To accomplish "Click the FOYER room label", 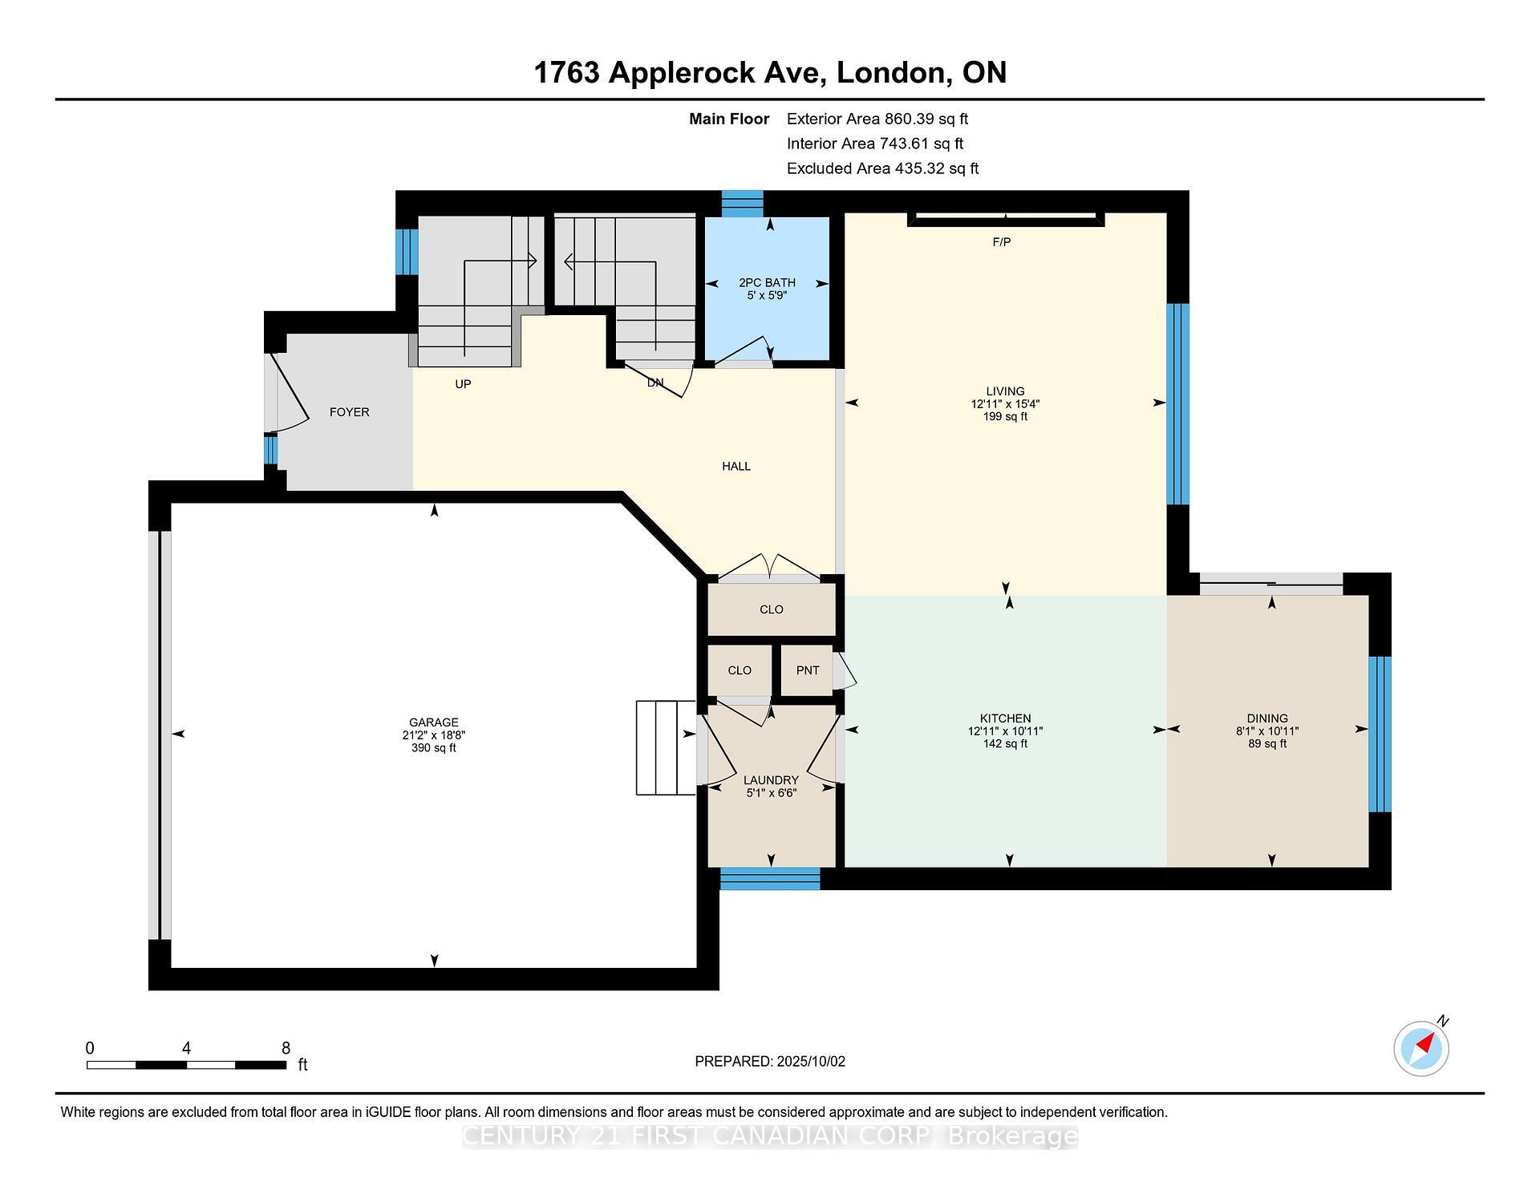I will tap(349, 412).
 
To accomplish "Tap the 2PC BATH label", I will tap(767, 282).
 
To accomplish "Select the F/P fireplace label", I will tap(1001, 241).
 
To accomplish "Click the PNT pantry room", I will tap(807, 670).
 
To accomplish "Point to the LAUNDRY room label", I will tap(770, 780).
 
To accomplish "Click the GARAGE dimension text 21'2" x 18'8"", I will tap(433, 735).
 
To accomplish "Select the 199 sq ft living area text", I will tap(1005, 417).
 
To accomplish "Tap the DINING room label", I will tap(1266, 718).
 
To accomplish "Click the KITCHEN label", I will tap(1005, 718).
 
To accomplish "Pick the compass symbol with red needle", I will tap(1421, 1048).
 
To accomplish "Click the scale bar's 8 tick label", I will tap(286, 1048).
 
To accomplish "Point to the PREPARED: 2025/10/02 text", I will tap(769, 1062).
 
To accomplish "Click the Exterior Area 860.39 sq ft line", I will tap(877, 119).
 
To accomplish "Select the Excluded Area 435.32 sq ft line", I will tap(882, 169).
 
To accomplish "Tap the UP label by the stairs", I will tap(463, 384).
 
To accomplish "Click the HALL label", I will tap(736, 466).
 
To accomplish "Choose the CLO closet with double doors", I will tap(771, 609).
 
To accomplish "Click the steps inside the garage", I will tap(665, 747).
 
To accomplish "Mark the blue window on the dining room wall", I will tap(1379, 734).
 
